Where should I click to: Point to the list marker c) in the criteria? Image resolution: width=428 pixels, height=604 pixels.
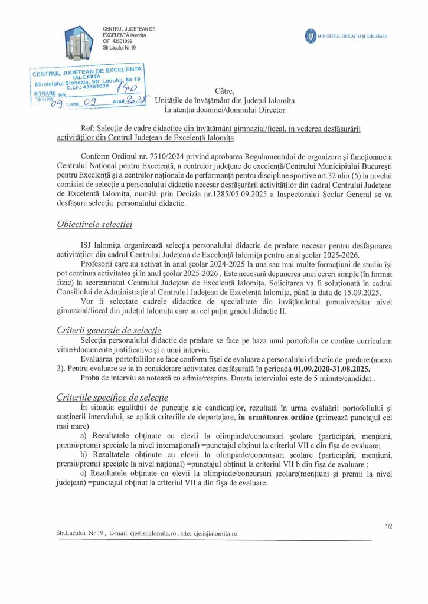point(83,474)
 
